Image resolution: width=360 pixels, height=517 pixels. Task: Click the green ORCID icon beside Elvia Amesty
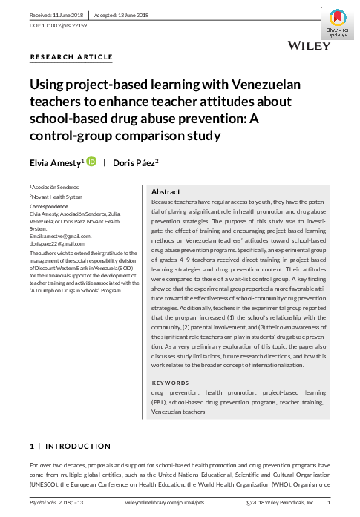91,161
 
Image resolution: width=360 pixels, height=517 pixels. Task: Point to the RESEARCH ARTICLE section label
71,57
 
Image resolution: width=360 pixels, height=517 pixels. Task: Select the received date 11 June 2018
55,14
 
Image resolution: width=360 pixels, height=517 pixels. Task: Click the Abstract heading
166,191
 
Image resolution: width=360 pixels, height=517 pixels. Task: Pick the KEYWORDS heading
171,383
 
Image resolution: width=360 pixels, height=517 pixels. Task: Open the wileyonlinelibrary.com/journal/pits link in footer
168,503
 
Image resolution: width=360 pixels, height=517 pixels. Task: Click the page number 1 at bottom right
329,503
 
